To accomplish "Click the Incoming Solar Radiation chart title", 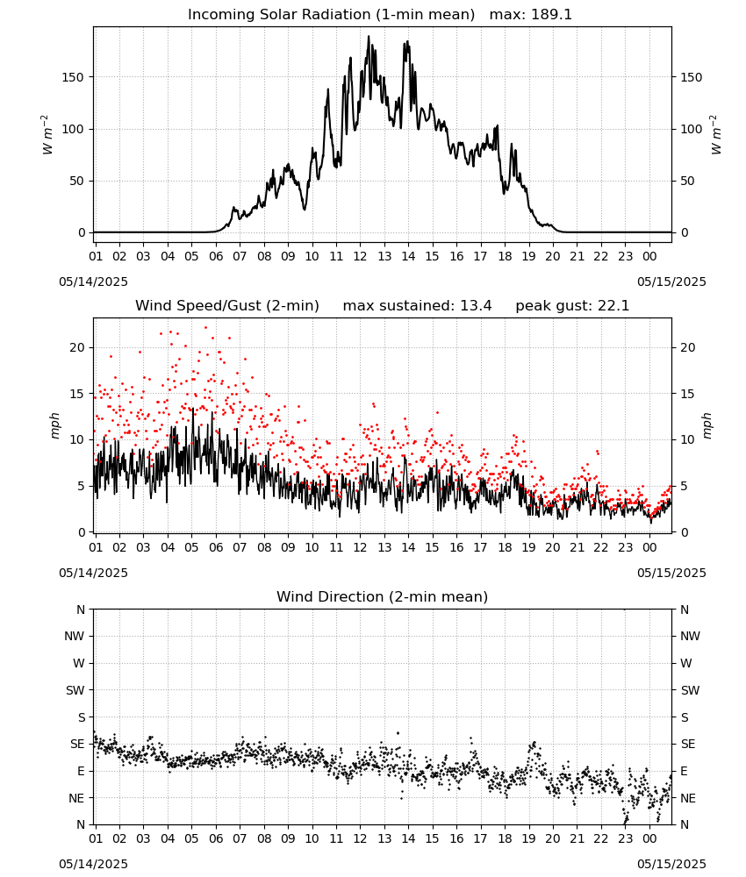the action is click(331, 15).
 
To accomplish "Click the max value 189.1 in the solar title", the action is click(551, 15).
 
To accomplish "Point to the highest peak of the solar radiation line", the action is click(369, 36).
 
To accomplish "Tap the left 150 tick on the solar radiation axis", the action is click(74, 77).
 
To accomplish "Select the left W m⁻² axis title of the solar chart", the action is click(47, 134).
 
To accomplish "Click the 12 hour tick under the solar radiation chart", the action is click(360, 256).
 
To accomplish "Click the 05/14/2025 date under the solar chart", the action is click(93, 282).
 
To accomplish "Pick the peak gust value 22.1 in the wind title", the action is click(608, 306).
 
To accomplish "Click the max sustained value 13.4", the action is click(476, 306).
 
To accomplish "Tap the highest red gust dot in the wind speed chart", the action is click(205, 328).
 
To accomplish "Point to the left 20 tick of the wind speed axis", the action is click(78, 347).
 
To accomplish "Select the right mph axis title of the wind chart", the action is click(707, 425).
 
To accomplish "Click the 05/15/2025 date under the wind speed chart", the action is click(671, 573).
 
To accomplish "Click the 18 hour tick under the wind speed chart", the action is click(505, 547).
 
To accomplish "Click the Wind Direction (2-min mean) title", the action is click(383, 596).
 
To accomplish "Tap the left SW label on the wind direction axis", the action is click(75, 690).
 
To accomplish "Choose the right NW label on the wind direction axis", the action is click(690, 636).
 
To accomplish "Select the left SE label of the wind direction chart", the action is click(77, 744).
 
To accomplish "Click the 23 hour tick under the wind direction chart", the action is click(625, 838).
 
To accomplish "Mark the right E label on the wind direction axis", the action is click(684, 771).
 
